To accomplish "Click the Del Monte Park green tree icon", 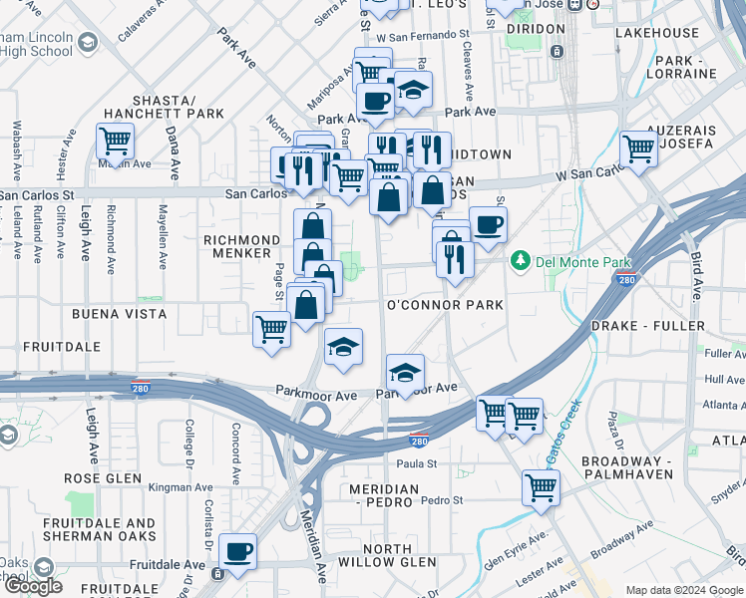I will (x=520, y=262).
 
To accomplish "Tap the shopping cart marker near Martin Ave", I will (x=115, y=142).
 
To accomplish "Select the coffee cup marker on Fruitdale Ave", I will (x=238, y=551).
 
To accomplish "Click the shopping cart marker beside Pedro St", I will (x=541, y=487).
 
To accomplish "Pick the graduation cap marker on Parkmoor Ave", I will (x=405, y=372).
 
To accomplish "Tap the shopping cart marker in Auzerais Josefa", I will (x=638, y=149).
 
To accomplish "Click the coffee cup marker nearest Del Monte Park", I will (x=488, y=224).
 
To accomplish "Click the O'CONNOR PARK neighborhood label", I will (x=443, y=304).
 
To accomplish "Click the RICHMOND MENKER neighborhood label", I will (x=241, y=247).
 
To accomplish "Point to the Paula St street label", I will (x=417, y=463).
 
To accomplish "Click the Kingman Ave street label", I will (x=181, y=488).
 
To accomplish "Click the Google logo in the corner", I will (x=33, y=586).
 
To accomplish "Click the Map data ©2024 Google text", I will (x=684, y=590).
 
